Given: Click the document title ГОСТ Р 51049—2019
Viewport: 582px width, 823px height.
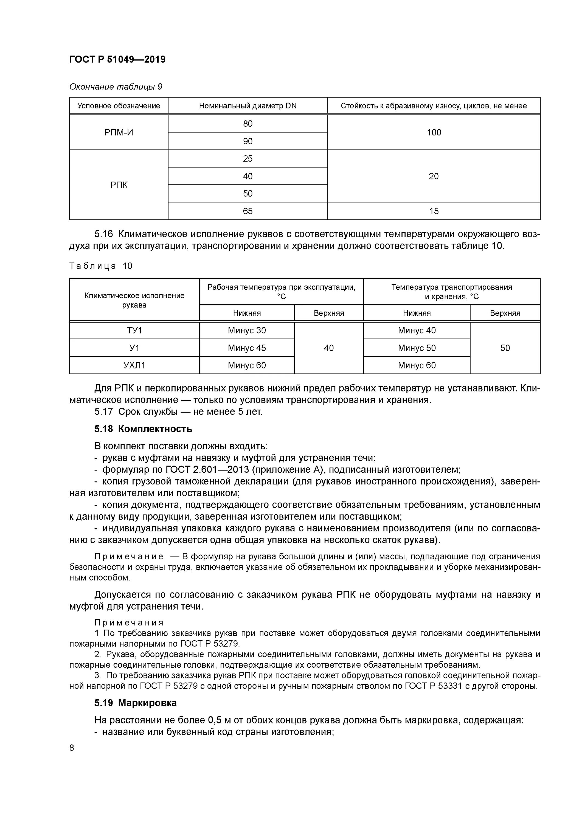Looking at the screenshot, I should [117, 59].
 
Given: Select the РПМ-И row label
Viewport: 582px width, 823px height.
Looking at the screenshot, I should [119, 132].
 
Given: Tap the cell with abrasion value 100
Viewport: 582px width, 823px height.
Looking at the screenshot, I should [434, 132].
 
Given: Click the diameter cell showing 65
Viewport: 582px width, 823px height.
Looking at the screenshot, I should [248, 211].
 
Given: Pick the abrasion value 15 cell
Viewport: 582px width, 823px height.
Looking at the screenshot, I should [434, 211].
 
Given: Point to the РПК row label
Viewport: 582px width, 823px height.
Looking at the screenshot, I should [119, 185].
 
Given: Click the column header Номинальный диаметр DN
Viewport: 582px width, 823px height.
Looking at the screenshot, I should [248, 106].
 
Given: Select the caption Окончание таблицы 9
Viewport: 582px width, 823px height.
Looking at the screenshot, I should [116, 87].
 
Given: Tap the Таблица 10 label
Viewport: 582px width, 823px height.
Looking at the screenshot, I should [101, 266].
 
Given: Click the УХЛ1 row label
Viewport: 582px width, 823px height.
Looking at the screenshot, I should [134, 365].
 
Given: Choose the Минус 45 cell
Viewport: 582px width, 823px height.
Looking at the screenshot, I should [247, 348].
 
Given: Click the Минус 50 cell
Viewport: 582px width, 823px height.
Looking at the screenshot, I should [417, 348].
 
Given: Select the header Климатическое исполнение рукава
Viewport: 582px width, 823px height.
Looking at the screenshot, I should [134, 300].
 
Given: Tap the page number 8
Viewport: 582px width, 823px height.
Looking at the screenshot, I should [72, 748].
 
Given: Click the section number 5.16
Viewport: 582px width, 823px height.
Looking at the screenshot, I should [103, 234].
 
